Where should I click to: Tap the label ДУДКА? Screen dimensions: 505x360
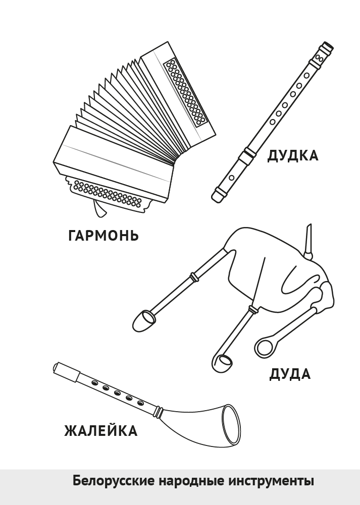[x=293, y=155]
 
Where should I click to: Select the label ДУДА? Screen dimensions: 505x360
[x=290, y=374]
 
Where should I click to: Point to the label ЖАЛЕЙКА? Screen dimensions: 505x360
[x=101, y=431]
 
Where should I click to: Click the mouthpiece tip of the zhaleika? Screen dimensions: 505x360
[x=57, y=367]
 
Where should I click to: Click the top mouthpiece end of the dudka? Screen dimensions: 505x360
[x=327, y=48]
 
